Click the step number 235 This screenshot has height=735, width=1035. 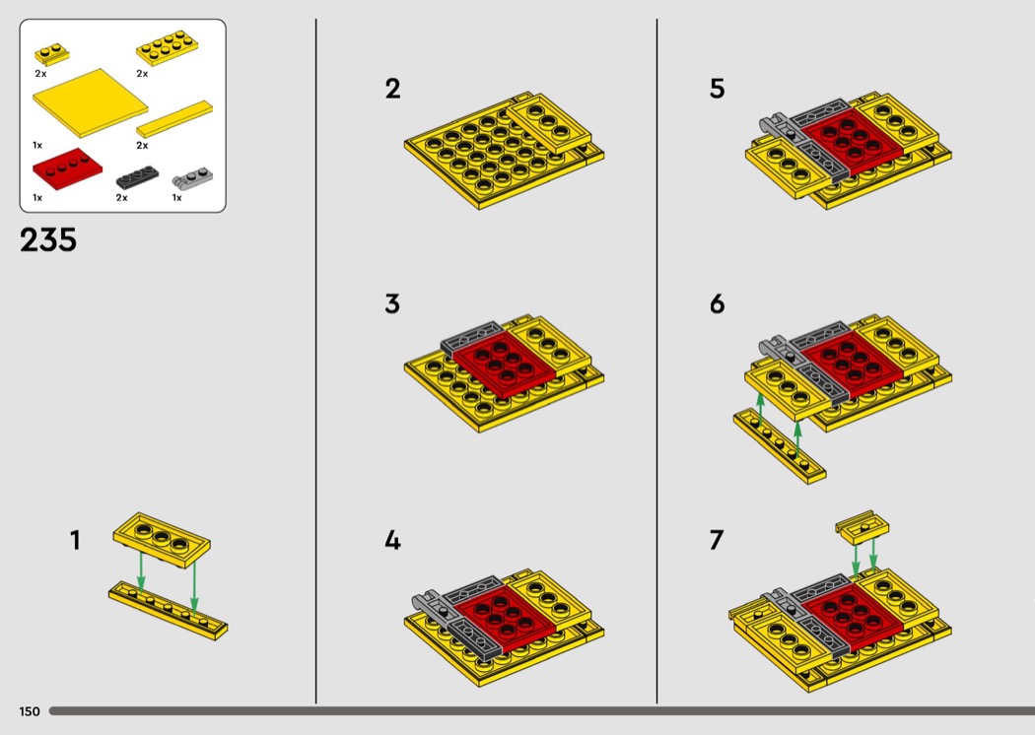pyautogui.click(x=48, y=239)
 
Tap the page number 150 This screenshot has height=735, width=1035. pyautogui.click(x=30, y=711)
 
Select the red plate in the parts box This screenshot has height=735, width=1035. pyautogui.click(x=67, y=169)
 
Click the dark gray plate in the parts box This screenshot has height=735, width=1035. pyautogui.click(x=137, y=177)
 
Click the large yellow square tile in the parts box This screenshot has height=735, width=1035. pyautogui.click(x=91, y=102)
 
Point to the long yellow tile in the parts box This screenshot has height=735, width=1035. pyautogui.click(x=174, y=119)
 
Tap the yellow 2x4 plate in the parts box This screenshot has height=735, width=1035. pyautogui.click(x=168, y=48)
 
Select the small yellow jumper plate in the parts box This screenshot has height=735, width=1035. pyautogui.click(x=51, y=53)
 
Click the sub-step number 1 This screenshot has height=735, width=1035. pyautogui.click(x=75, y=540)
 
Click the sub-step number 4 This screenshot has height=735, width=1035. pyautogui.click(x=392, y=540)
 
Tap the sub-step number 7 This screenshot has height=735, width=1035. pyautogui.click(x=717, y=540)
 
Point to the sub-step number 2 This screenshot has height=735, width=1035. pyautogui.click(x=392, y=89)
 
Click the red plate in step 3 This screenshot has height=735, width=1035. pyautogui.click(x=504, y=363)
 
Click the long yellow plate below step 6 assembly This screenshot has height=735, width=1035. pyautogui.click(x=780, y=445)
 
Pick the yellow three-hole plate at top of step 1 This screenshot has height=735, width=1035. pyautogui.click(x=162, y=539)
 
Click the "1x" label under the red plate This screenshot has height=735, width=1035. pyautogui.click(x=37, y=198)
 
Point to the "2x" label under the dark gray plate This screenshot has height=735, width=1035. pyautogui.click(x=121, y=198)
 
